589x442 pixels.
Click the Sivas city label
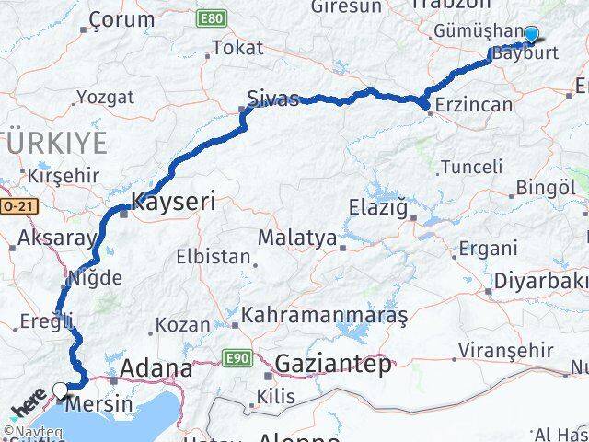(273, 99)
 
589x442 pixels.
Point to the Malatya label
(296, 238)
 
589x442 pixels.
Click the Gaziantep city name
(332, 363)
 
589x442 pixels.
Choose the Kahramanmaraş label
(324, 315)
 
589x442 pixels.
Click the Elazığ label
(377, 208)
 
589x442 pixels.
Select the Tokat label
(237, 48)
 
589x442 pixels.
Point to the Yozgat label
(105, 97)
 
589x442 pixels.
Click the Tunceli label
(471, 167)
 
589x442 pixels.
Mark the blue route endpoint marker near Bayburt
(530, 35)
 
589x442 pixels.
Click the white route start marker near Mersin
(61, 390)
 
